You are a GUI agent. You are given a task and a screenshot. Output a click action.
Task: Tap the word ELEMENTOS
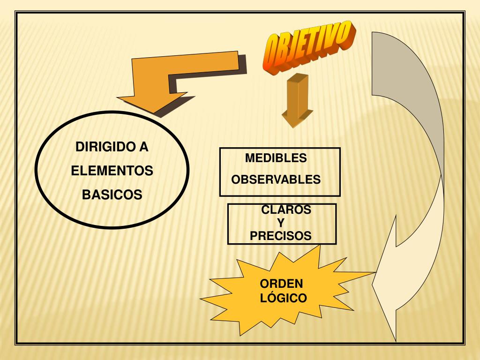point(112,171)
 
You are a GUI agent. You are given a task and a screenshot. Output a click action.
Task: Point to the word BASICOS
point(112,195)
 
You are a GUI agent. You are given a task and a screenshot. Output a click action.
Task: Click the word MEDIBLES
point(276,158)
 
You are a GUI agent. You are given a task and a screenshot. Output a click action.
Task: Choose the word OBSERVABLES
point(276,180)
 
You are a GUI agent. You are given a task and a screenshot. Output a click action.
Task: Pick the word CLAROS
point(286,210)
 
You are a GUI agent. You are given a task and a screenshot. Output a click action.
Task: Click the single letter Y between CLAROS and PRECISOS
point(281,223)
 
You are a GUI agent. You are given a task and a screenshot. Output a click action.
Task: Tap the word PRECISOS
point(280,236)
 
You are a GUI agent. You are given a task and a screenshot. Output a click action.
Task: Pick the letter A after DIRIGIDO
point(143,147)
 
